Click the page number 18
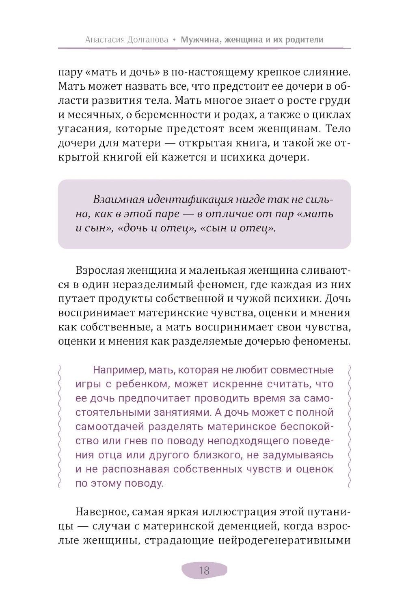[x=204, y=570]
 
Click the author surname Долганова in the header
[x=148, y=40]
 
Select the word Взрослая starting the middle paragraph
[x=100, y=271]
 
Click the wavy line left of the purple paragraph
[x=60, y=426]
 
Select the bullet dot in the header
[x=175, y=40]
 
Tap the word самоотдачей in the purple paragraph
[x=110, y=427]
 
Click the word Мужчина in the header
[x=201, y=40]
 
